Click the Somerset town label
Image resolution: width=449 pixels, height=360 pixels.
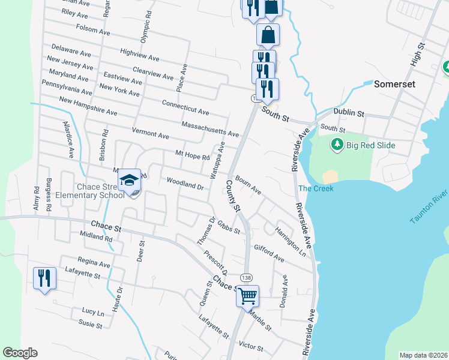(394, 85)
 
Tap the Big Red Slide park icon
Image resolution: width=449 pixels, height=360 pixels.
(337, 144)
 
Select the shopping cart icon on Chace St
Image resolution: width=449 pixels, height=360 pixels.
(247, 295)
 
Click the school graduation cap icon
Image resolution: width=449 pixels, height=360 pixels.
(130, 179)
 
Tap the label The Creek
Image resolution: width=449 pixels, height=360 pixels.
(316, 188)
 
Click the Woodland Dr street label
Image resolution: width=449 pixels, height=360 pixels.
(185, 183)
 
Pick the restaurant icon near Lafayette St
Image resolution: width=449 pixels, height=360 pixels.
(44, 278)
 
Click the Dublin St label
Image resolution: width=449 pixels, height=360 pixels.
(349, 113)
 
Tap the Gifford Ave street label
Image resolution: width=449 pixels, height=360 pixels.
(269, 253)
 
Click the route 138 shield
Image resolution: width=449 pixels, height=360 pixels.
(246, 278)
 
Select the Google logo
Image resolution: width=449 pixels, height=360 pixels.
(20, 353)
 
